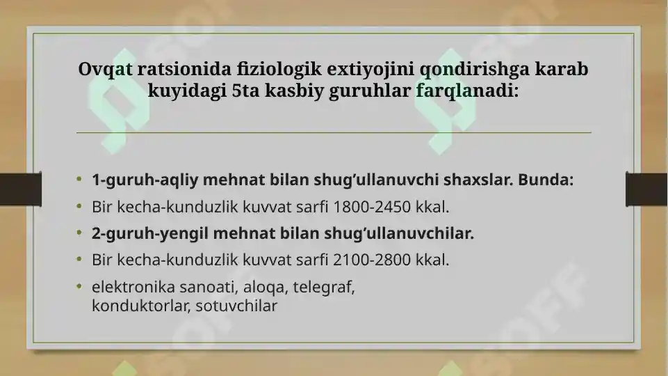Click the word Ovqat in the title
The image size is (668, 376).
(x=105, y=70)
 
